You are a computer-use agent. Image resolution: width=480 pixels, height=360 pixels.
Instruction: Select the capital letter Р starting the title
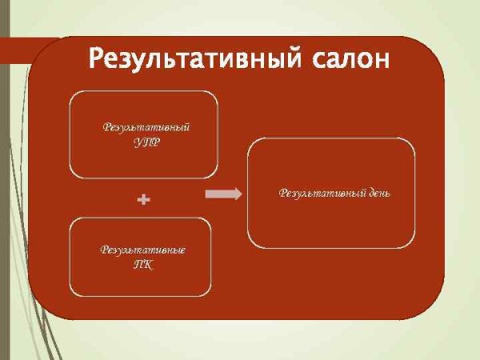tap(96, 59)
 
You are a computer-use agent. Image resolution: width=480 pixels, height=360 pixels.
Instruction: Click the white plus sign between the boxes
tap(144, 199)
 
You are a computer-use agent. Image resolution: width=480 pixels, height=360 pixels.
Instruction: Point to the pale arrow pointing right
tap(223, 194)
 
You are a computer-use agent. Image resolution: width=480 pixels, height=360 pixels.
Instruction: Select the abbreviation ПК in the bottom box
tap(143, 264)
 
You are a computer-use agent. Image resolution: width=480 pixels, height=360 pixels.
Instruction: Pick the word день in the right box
tap(376, 193)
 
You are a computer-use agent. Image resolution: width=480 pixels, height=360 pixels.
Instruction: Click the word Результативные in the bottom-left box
tap(143, 250)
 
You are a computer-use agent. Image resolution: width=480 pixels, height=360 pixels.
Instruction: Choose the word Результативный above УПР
tap(146, 127)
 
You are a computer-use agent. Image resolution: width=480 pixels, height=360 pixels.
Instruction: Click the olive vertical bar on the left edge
tap(4, 200)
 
